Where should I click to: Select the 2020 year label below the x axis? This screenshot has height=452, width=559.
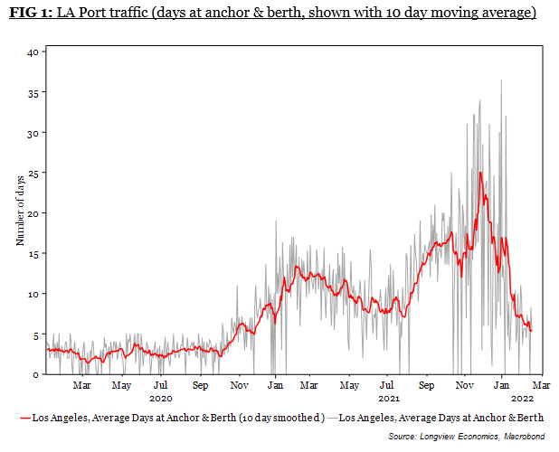point(161,398)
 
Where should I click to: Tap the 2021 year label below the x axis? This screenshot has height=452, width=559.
point(389,398)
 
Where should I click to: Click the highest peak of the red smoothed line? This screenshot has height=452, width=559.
point(480,173)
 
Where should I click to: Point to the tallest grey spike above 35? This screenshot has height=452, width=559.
point(501,80)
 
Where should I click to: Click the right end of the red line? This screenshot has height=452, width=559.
point(531,331)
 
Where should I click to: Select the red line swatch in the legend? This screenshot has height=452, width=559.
point(24,419)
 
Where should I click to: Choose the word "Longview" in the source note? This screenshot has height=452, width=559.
point(441,436)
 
